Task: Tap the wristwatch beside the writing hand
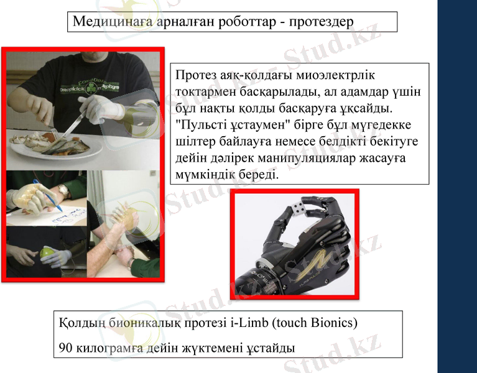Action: coord(64,190)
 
